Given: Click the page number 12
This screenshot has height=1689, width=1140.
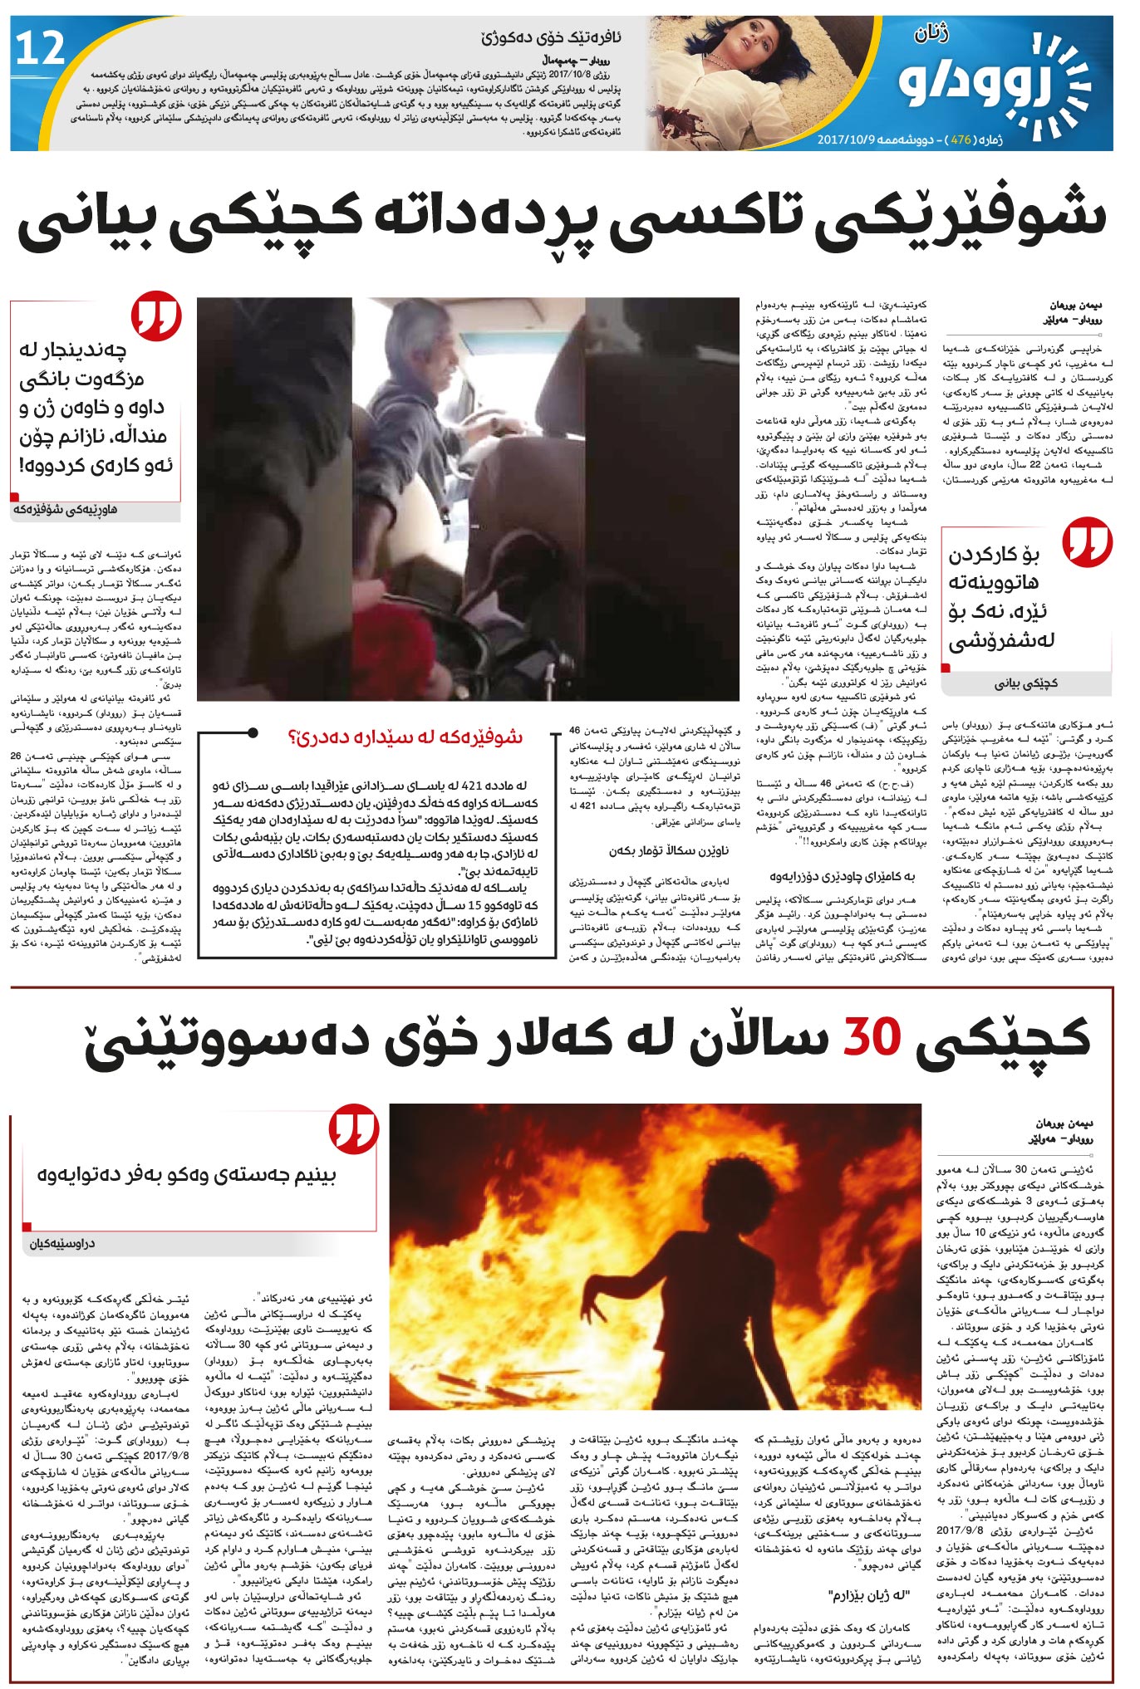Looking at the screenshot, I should pos(40,49).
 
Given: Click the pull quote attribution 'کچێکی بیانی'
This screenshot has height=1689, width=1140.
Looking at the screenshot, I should pos(1027,683).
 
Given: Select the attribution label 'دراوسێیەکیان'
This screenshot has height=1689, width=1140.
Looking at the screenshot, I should pos(62,1244).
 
